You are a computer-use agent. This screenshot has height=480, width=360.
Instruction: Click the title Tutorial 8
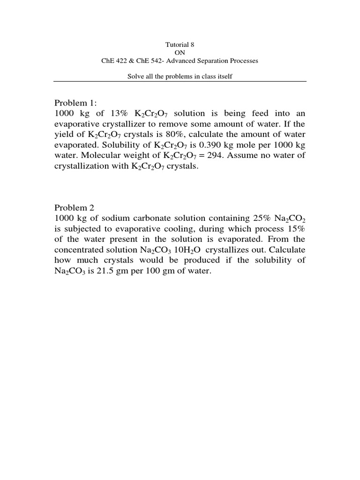180,45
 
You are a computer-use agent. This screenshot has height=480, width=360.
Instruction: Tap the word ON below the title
180,52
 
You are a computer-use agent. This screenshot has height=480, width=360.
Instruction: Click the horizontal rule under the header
180,82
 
